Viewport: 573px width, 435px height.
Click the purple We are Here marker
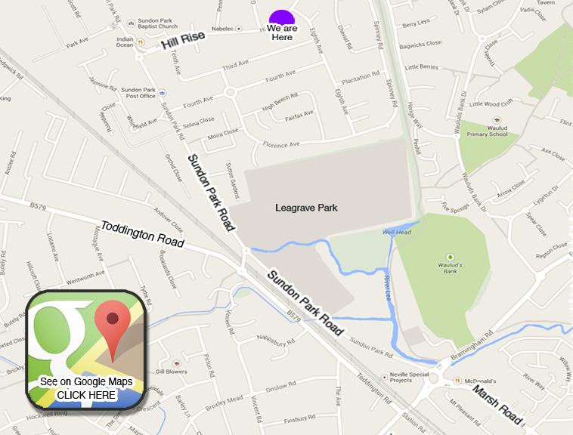click(282, 17)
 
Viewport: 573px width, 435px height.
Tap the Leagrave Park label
click(307, 208)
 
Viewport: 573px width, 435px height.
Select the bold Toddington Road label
click(142, 234)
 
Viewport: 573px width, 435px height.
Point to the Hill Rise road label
click(183, 42)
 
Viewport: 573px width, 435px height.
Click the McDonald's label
click(479, 381)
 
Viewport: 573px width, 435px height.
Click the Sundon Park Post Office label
click(138, 92)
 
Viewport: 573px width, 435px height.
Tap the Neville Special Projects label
click(412, 376)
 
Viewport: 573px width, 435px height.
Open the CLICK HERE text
click(86, 395)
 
